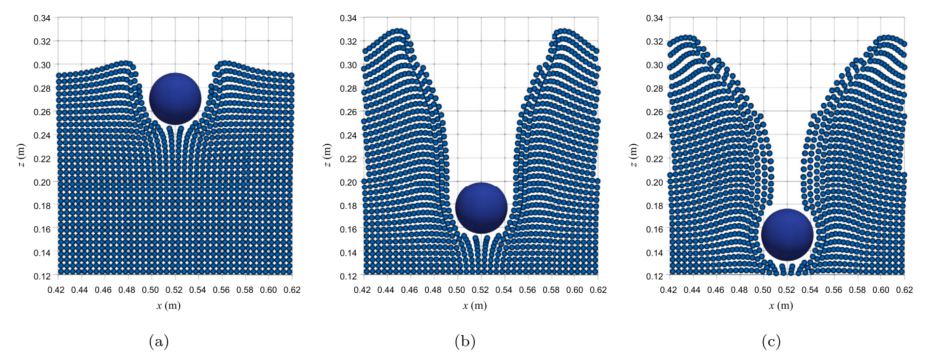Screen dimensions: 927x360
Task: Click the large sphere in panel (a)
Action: click(175, 99)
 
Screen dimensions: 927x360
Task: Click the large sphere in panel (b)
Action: click(481, 208)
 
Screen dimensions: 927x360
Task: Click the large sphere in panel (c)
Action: click(787, 235)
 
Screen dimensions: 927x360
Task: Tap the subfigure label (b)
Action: click(465, 342)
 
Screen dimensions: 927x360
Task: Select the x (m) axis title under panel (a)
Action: click(175, 305)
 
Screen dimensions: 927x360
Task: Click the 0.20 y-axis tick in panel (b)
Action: click(349, 182)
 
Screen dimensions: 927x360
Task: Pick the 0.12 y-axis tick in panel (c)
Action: click(656, 275)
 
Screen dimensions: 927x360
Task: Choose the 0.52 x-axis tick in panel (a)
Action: click(175, 290)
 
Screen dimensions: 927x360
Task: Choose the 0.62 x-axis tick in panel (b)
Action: click(598, 290)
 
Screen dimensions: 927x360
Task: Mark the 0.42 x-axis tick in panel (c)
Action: click(670, 290)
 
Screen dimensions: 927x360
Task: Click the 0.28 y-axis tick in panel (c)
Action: click(656, 88)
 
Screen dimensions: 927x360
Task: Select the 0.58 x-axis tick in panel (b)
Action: click(552, 290)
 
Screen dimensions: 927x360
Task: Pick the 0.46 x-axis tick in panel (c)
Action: click(717, 290)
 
